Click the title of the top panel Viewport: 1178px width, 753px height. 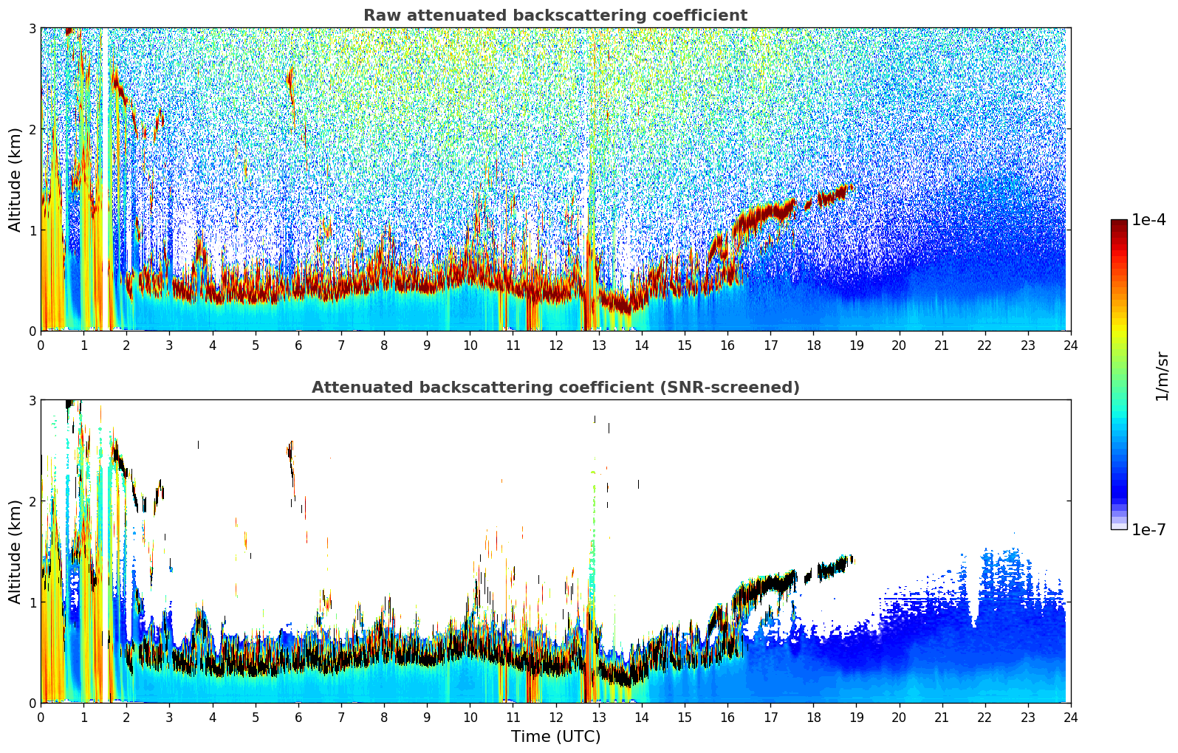point(555,16)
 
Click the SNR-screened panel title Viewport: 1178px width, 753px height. point(555,388)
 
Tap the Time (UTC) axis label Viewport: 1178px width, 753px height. point(555,737)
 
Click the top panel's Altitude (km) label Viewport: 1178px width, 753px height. point(15,179)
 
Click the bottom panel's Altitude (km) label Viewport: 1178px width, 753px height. point(15,551)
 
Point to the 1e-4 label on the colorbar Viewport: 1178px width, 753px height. point(1148,220)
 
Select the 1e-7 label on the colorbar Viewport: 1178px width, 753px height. point(1148,529)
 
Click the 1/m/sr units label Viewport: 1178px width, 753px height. point(1162,376)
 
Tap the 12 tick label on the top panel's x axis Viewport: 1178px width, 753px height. point(555,345)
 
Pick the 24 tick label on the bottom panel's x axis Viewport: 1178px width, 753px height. point(1070,718)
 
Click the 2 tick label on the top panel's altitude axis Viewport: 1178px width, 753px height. point(32,129)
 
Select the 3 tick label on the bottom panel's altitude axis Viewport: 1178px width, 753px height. point(32,400)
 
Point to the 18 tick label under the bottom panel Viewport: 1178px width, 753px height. point(813,718)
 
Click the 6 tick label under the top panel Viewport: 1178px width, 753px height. point(298,345)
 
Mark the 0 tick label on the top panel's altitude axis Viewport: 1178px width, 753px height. point(32,331)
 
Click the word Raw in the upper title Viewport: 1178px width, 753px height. point(378,16)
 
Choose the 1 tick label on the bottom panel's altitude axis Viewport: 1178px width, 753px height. point(32,602)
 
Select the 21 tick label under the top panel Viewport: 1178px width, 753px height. point(942,345)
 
